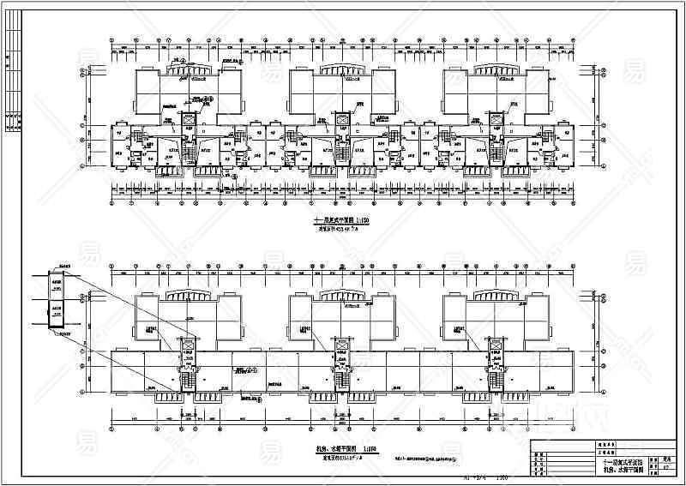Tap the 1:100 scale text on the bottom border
pos(497,477)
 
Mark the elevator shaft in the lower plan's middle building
pos(341,347)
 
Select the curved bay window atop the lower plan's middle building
pos(341,295)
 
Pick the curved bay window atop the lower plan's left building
pos(188,295)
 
